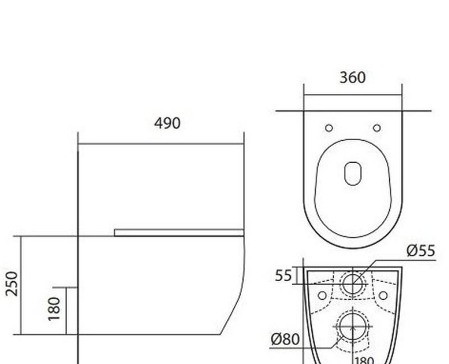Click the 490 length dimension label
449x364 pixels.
click(x=167, y=123)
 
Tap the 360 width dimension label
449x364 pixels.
click(x=352, y=78)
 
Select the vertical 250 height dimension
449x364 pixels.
click(x=12, y=284)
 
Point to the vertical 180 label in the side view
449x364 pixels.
click(x=54, y=310)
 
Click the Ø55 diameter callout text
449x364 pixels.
click(x=420, y=251)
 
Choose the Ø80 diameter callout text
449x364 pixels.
click(x=285, y=339)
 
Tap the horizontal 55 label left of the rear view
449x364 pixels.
click(x=283, y=275)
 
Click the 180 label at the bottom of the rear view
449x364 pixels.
click(x=363, y=360)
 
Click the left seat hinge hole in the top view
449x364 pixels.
click(x=329, y=128)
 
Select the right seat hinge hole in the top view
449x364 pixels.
click(x=377, y=128)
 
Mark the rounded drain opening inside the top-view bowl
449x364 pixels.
click(x=352, y=173)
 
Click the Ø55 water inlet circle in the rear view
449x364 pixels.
click(x=352, y=283)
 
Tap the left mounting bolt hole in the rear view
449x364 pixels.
click(x=322, y=295)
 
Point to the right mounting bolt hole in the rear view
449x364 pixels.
click(x=383, y=295)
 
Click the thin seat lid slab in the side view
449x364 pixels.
click(x=178, y=232)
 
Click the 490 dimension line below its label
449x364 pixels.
click(x=161, y=144)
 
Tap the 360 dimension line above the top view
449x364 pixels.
click(x=352, y=94)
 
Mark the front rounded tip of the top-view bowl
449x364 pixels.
click(x=352, y=247)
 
